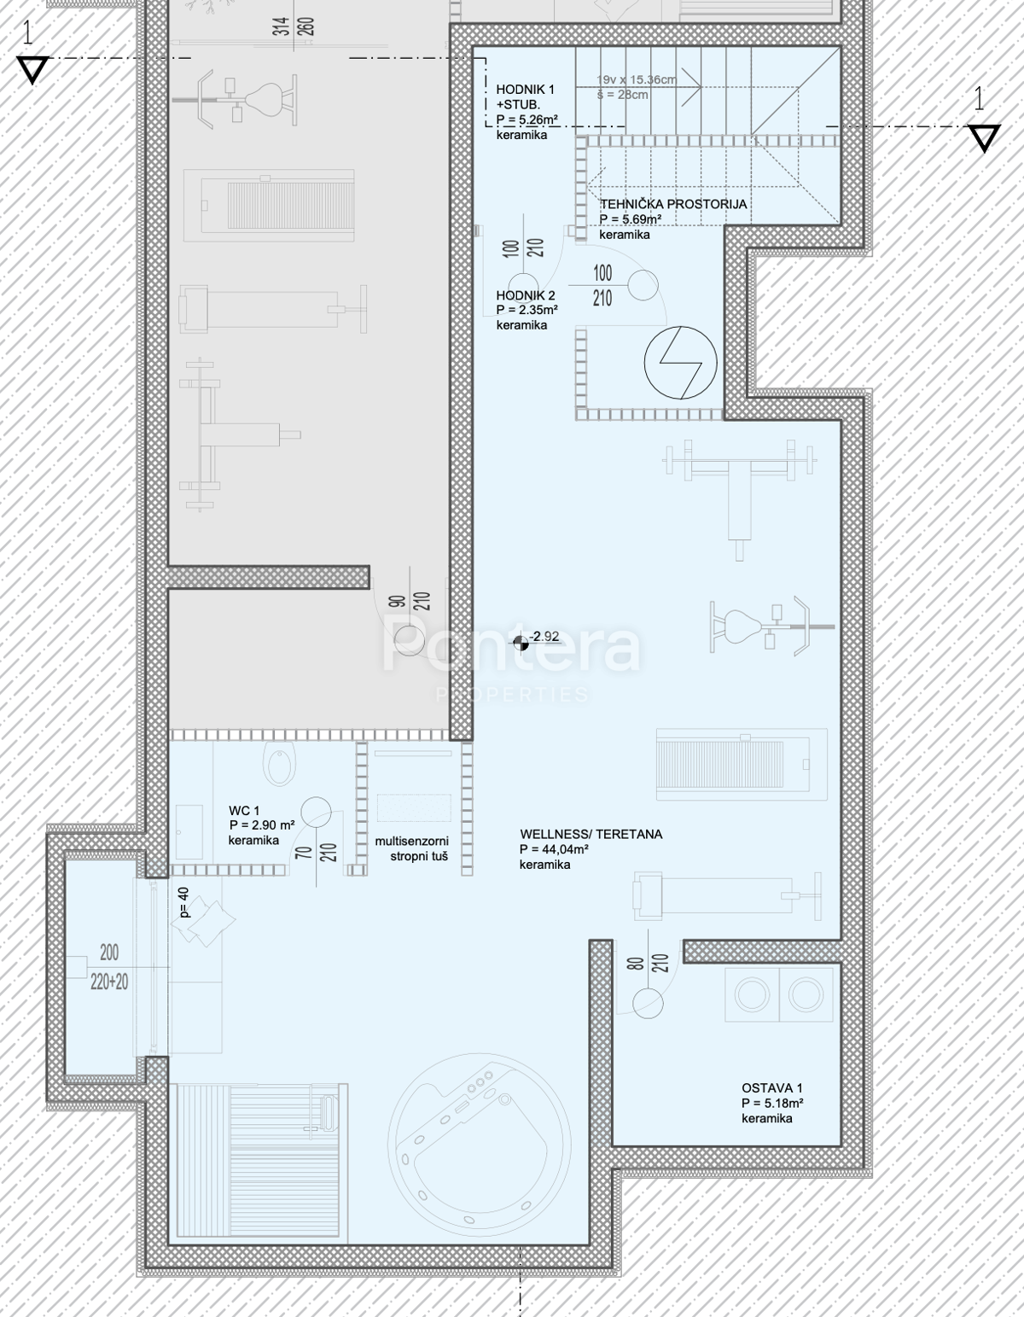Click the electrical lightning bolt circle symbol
point(680,363)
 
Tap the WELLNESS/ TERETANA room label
point(591,834)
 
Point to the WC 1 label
point(244,810)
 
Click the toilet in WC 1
point(281,764)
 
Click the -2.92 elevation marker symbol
point(521,643)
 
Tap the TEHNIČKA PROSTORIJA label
point(673,204)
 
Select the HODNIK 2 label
point(526,295)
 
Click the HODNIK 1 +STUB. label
point(525,97)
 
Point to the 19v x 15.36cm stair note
point(637,79)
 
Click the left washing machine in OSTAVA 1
point(752,994)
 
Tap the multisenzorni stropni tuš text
point(412,848)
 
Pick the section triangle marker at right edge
point(983,137)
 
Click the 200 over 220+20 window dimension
point(109,967)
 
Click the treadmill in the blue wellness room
point(742,764)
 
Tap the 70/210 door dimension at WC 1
point(317,852)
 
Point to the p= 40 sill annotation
point(184,903)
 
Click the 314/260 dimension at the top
point(294,26)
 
